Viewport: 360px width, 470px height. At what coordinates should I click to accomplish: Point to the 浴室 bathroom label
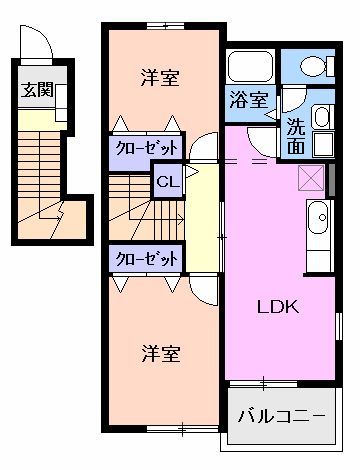point(248,100)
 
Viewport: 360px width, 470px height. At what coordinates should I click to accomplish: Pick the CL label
point(166,183)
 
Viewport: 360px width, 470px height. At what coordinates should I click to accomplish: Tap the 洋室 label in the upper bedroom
point(160,76)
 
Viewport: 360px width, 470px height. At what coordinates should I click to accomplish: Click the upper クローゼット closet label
point(146,146)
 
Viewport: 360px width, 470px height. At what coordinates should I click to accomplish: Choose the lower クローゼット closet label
point(146,258)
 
